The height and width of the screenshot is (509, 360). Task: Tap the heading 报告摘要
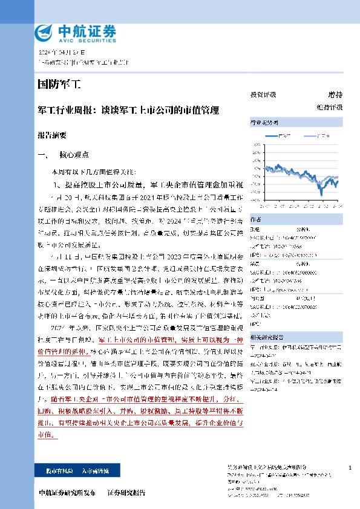52,136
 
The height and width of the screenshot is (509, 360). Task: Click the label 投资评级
263,95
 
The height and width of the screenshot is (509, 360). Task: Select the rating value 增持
335,95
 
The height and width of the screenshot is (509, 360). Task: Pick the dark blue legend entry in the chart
284,136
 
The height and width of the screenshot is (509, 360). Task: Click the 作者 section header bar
296,218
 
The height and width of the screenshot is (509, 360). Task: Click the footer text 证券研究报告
126,493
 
